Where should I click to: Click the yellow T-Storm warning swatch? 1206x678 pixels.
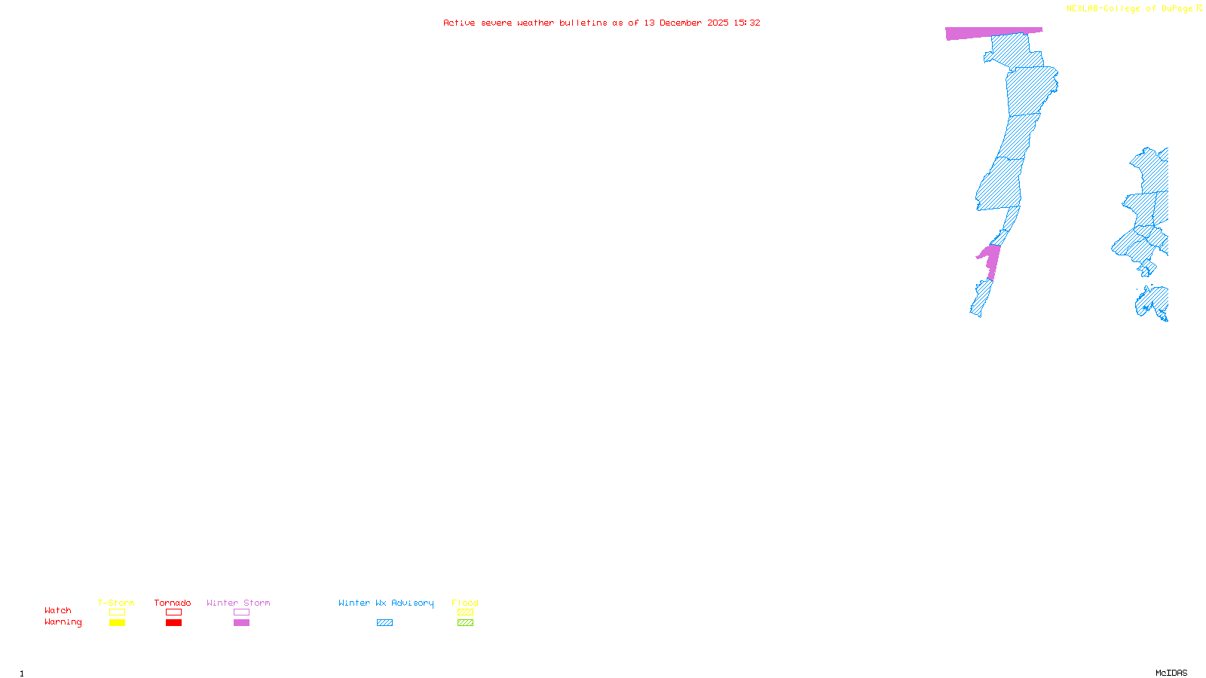click(117, 623)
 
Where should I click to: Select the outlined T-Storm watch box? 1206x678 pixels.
click(117, 612)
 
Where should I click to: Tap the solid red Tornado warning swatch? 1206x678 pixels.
click(174, 623)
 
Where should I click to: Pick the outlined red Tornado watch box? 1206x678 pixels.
click(174, 612)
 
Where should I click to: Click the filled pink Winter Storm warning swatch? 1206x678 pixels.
click(241, 623)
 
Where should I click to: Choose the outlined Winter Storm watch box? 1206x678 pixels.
click(241, 612)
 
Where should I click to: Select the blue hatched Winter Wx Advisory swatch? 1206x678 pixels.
click(384, 623)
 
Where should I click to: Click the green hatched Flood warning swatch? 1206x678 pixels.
click(465, 623)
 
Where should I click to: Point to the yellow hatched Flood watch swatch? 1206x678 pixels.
click(465, 612)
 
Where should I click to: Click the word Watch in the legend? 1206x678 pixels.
click(58, 611)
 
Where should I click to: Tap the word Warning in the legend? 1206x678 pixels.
click(63, 622)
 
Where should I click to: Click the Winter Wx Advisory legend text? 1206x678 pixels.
click(386, 603)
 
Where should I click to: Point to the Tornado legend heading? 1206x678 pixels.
click(173, 603)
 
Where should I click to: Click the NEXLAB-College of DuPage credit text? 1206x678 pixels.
click(1130, 9)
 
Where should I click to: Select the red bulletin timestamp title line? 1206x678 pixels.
click(601, 23)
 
